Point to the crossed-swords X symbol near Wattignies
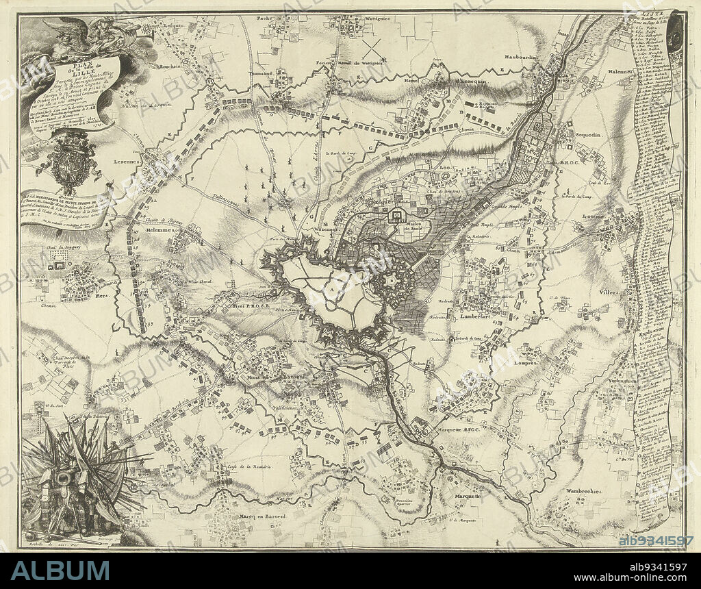[x=374, y=47]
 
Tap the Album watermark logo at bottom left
[x=60, y=570]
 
